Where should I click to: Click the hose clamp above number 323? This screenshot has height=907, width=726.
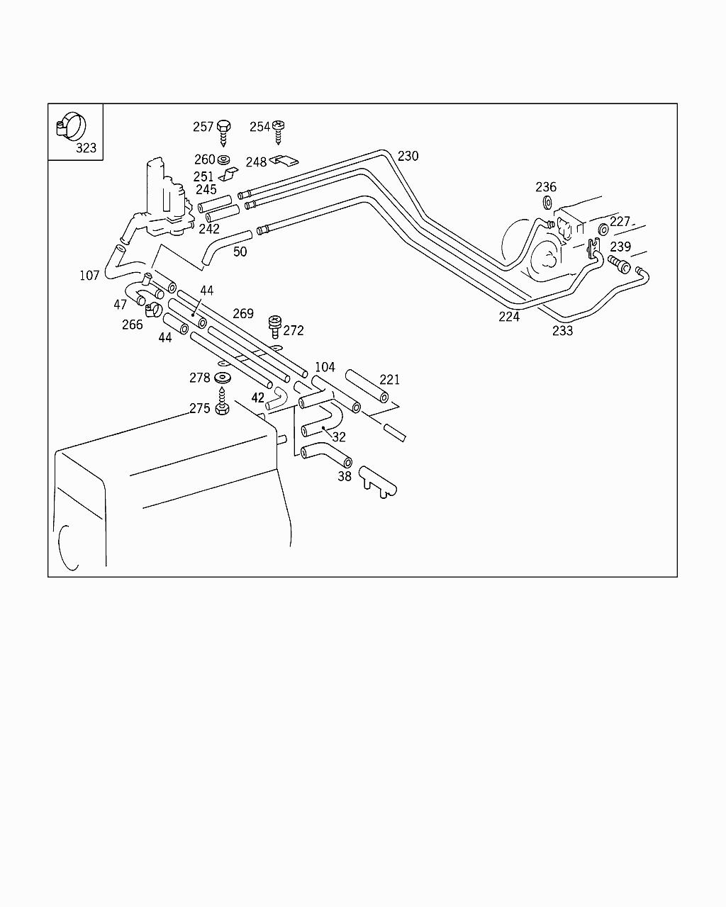pos(71,126)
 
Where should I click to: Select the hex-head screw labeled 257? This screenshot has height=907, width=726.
pos(223,132)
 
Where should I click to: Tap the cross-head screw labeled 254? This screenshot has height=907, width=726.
pos(278,131)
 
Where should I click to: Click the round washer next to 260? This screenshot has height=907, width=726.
pos(223,159)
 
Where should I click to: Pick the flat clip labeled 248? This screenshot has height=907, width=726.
pos(284,161)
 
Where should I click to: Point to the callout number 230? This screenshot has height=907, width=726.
pos(408,157)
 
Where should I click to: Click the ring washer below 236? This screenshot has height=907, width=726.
pos(547,203)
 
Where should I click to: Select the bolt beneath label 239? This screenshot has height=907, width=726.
pos(619,264)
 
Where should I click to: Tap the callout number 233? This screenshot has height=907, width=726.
pos(563,331)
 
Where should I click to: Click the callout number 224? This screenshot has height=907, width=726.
pos(509,317)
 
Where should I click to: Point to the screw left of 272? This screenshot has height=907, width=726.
pos(274,327)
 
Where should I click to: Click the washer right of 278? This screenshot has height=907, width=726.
pos(223,378)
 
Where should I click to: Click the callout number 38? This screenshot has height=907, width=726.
pos(345,477)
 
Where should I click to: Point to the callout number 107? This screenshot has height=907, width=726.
pos(89,276)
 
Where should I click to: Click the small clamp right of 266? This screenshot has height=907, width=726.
pos(154,310)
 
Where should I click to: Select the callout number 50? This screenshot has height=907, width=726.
pos(240,252)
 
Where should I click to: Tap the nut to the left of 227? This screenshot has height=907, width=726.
pos(603,230)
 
